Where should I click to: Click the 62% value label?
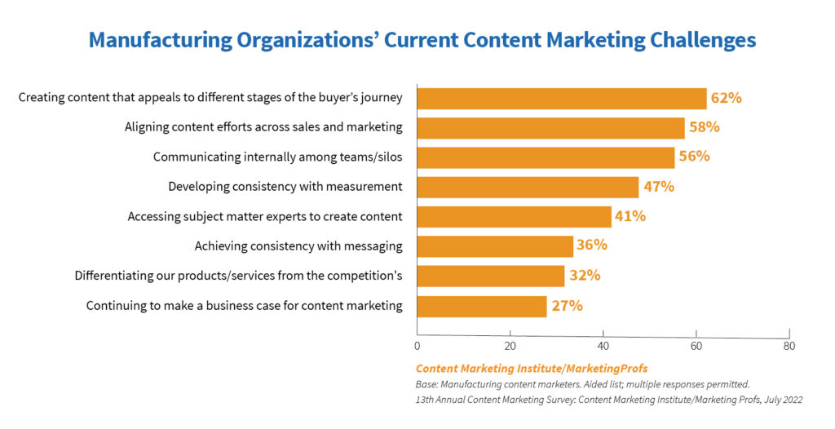(x=726, y=98)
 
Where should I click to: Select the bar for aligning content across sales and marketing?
(x=550, y=127)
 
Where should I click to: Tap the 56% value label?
(x=695, y=157)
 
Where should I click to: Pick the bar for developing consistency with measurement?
(x=528, y=187)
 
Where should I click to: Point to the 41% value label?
(x=630, y=216)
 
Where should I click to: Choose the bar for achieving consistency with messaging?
(x=495, y=246)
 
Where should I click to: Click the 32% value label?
(x=585, y=276)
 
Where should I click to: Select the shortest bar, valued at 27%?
(x=481, y=306)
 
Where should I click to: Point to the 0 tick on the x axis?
(x=417, y=346)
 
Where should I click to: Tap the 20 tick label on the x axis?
(x=510, y=346)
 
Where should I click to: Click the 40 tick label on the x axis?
(x=603, y=346)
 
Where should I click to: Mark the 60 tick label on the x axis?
(x=696, y=346)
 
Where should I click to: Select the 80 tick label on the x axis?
(x=789, y=346)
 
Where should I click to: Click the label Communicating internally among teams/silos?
(x=278, y=157)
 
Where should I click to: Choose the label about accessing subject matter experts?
(x=265, y=216)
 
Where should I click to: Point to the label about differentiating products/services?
(x=239, y=276)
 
